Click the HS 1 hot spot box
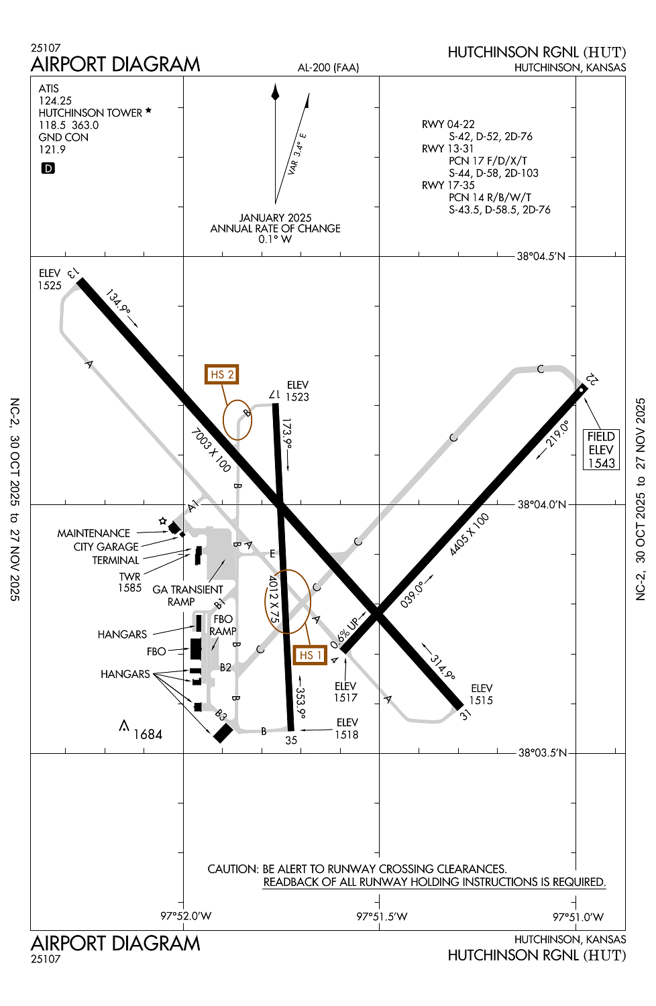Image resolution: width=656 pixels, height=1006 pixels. (x=310, y=655)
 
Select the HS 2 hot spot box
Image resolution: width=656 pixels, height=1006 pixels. (x=221, y=374)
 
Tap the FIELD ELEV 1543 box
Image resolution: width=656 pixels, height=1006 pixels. (x=601, y=450)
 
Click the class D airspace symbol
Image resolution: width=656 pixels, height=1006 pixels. (x=48, y=168)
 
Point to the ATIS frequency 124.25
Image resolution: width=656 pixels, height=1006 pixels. (x=55, y=101)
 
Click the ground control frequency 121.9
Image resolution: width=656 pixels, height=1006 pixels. (x=52, y=150)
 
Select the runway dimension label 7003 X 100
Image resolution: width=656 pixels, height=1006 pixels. (x=211, y=451)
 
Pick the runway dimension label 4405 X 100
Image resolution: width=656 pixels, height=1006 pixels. (x=470, y=535)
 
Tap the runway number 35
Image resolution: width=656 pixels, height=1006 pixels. (x=290, y=740)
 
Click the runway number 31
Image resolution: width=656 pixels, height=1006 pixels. (x=466, y=715)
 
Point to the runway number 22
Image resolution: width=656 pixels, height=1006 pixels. (x=592, y=380)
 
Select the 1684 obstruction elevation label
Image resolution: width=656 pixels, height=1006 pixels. (x=148, y=734)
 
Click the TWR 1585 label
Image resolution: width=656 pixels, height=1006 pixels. (x=129, y=582)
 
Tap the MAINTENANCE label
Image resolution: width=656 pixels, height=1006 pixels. (x=93, y=533)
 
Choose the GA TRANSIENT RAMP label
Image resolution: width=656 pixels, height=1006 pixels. (x=187, y=596)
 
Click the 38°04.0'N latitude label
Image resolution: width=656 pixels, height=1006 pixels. (x=541, y=504)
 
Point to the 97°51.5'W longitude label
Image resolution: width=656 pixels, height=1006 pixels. (x=382, y=916)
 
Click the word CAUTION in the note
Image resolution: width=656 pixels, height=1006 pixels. (x=232, y=869)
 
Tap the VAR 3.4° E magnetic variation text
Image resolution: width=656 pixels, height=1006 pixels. (x=296, y=154)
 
